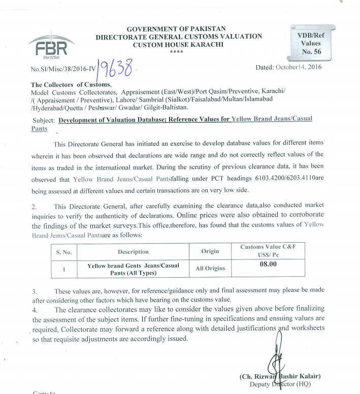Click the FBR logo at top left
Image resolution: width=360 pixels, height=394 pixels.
pos(48,47)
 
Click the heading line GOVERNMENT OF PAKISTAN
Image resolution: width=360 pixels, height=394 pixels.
pos(176,28)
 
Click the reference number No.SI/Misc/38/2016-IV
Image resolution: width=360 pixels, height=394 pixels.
pos(63,70)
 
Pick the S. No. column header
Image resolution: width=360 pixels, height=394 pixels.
pos(64,251)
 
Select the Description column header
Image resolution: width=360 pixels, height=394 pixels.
pos(133,251)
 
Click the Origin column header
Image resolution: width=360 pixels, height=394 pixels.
pos(210,251)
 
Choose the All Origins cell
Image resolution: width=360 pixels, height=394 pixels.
pos(210,268)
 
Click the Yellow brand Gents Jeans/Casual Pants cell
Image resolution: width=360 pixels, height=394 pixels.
pos(133,269)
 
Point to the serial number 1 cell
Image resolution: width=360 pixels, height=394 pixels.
pos(64,269)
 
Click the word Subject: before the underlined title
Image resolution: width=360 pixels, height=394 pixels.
pos(44,120)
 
